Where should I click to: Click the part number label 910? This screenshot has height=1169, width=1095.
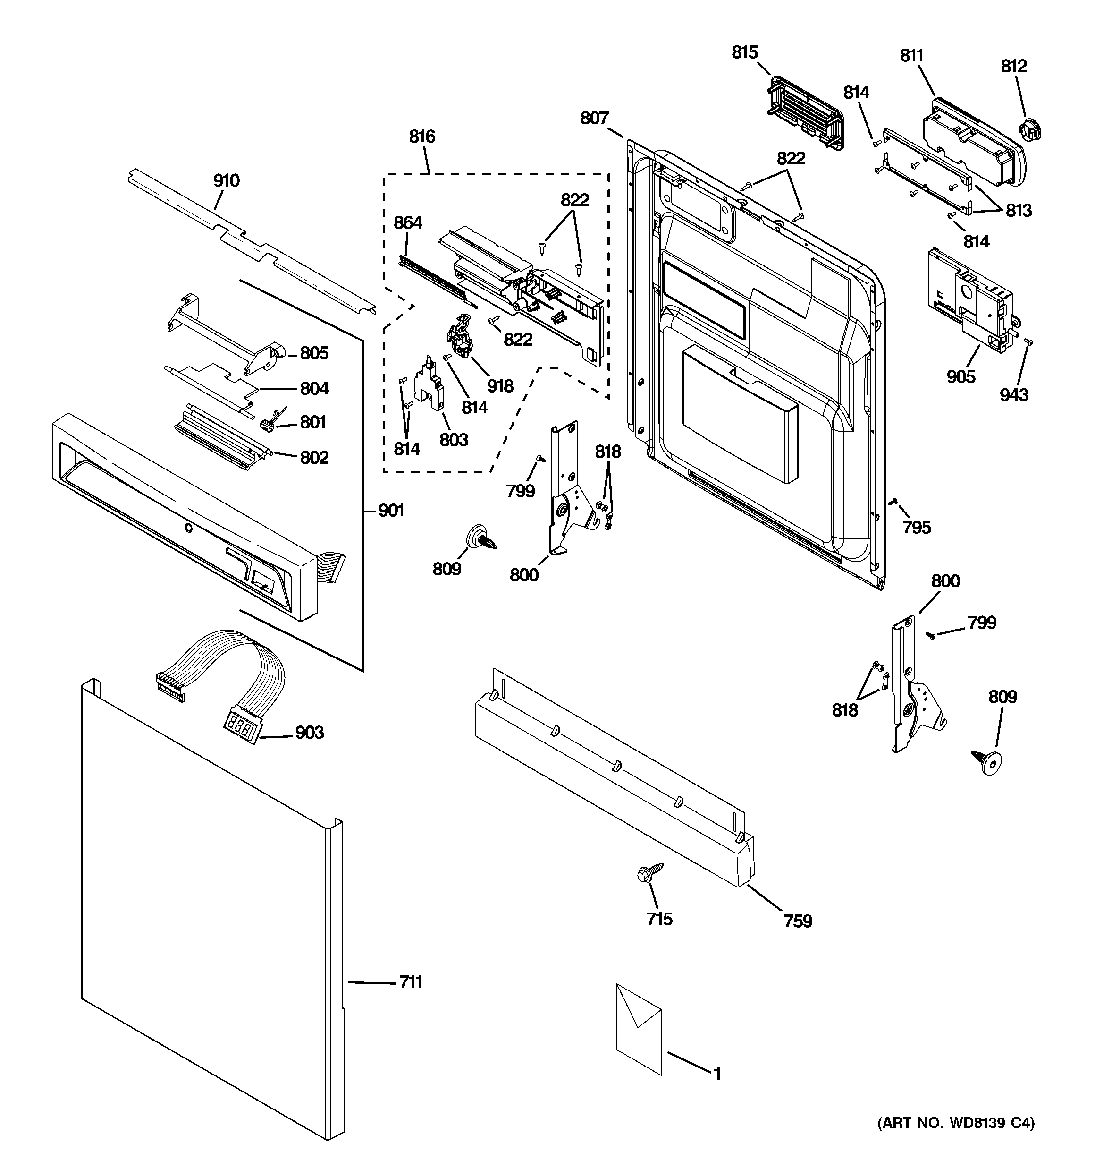pos(226,180)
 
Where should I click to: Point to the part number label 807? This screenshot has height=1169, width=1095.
pos(594,118)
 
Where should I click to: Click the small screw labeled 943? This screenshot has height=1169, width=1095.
pos(1028,341)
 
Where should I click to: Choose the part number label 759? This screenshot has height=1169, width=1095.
pos(798,921)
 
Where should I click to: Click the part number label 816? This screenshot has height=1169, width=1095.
pos(422,137)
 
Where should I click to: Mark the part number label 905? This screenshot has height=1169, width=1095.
pos(960,376)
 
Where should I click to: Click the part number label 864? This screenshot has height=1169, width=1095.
pos(408,222)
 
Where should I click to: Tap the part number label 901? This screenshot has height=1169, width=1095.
pos(391,511)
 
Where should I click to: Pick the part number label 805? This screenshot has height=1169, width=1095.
pos(314,353)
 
